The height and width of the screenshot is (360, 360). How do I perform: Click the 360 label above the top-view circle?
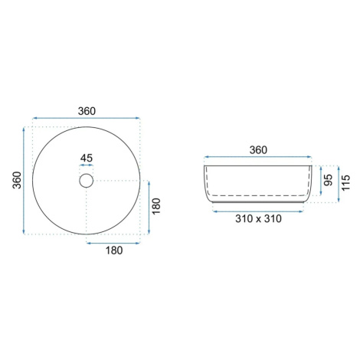(x=87, y=111)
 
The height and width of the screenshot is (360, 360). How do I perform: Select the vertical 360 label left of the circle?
(x=17, y=180)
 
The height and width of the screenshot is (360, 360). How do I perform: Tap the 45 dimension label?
(x=87, y=158)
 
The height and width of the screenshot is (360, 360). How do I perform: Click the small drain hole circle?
(x=87, y=181)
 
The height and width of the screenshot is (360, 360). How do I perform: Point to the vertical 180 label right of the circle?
(x=156, y=206)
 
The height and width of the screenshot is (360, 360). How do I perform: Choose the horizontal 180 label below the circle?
(x=114, y=250)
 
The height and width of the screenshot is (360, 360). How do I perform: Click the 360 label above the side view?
(x=258, y=150)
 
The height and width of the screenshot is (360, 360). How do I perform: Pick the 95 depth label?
(x=328, y=180)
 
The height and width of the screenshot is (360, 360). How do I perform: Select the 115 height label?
(x=345, y=182)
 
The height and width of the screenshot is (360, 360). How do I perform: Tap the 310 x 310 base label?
(x=258, y=218)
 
